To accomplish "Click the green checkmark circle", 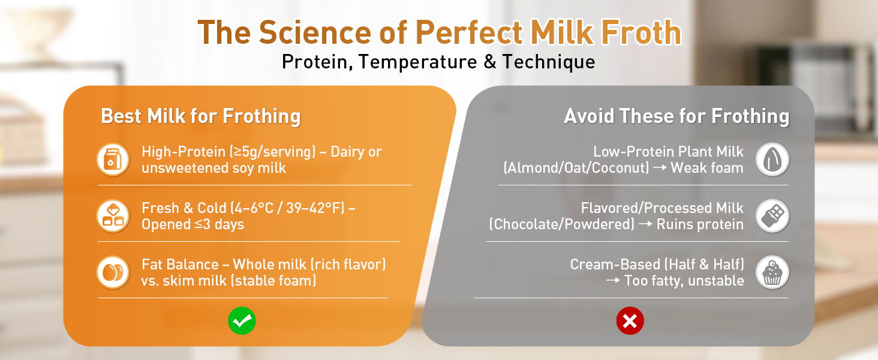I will click(242, 322).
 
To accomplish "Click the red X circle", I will click(630, 322).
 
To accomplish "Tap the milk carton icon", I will click(113, 160).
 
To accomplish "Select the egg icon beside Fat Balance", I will click(113, 272).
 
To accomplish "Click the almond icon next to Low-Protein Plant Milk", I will click(772, 160).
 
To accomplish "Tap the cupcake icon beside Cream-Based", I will click(772, 272).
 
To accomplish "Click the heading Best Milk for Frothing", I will click(200, 116).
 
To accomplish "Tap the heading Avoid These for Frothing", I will click(676, 116).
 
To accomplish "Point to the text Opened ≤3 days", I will click(193, 224).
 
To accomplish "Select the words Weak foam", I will click(707, 168).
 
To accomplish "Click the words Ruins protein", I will click(700, 224).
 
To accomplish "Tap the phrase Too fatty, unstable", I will click(684, 281).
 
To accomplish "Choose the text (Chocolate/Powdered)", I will click(562, 224).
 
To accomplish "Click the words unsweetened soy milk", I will click(214, 168).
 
